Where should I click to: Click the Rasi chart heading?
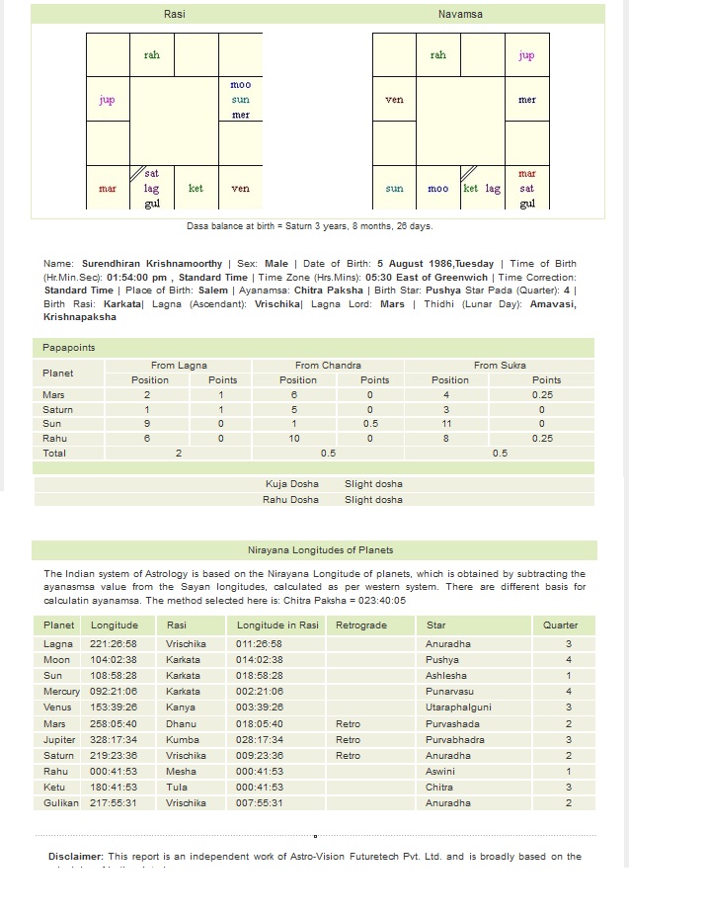point(174,14)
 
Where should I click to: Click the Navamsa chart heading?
point(460,14)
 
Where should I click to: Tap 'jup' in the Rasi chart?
point(108,100)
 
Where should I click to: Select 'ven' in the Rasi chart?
point(240,189)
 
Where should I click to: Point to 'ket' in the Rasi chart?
point(196,189)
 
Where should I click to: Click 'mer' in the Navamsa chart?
point(526,100)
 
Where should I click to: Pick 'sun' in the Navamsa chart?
point(394,189)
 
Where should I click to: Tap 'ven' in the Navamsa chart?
point(394,100)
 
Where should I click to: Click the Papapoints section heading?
point(68,348)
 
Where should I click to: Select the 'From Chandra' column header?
point(328,366)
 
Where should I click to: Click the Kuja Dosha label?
point(291,484)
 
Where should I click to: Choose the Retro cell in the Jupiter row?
point(348,739)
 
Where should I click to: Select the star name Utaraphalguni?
point(459,707)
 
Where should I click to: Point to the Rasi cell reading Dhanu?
point(182,723)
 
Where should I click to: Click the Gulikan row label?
point(61,803)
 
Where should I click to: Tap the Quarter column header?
point(560,625)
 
